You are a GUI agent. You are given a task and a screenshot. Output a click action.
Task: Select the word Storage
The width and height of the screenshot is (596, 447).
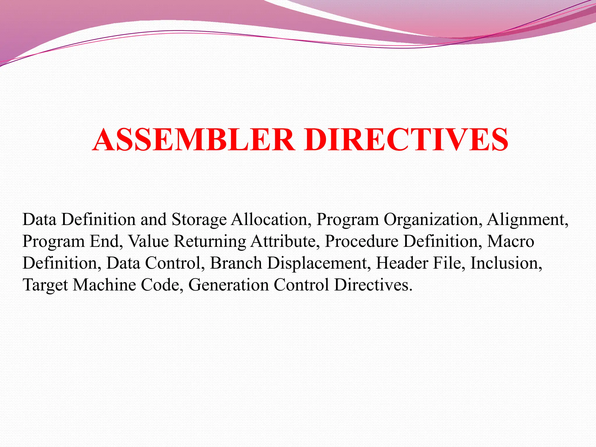click(x=199, y=220)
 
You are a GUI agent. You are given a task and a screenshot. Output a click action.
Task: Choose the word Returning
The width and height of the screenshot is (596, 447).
click(x=210, y=242)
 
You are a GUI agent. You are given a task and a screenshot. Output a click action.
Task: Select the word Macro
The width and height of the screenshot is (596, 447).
click(x=510, y=241)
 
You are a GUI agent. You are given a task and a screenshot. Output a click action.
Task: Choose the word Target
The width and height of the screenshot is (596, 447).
click(x=45, y=285)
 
